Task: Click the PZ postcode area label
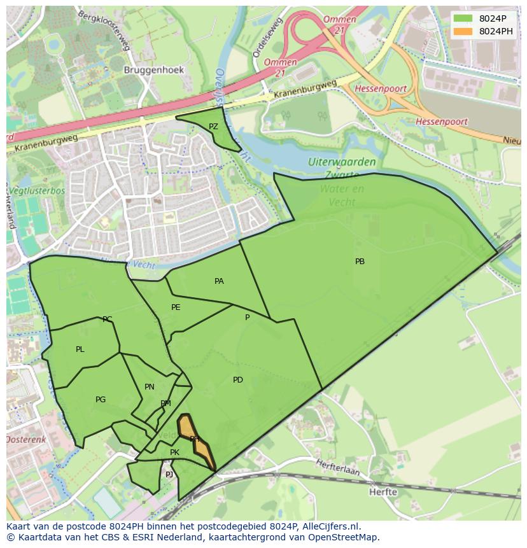coord(213,127)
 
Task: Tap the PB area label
coord(360,261)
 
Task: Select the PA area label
coord(219,281)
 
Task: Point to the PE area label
coord(176,307)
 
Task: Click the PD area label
coord(237,380)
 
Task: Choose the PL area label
coord(80,349)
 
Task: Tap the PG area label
coord(101,400)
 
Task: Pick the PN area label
coord(150,386)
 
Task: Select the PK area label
coord(174,453)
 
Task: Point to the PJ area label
coord(169,474)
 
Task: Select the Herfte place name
coord(383,491)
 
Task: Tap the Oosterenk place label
coord(26,440)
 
